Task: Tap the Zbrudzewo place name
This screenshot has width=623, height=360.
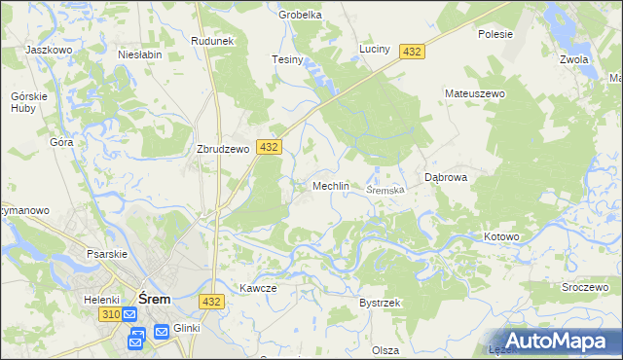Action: (224, 150)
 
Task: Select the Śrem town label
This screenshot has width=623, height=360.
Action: (155, 299)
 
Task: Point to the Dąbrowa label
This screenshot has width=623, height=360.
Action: (447, 178)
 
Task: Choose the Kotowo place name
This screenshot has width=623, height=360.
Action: (502, 237)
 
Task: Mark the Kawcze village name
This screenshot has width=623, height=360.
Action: (258, 288)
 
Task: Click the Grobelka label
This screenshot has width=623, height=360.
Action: (300, 16)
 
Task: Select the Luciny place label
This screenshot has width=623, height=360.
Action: (375, 49)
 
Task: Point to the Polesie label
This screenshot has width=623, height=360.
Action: (495, 33)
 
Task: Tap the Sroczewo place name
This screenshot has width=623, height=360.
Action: (585, 289)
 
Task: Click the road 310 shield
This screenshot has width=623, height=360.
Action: (110, 316)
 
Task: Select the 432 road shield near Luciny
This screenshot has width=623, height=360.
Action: (412, 52)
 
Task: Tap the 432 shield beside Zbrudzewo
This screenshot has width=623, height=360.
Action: (269, 147)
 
